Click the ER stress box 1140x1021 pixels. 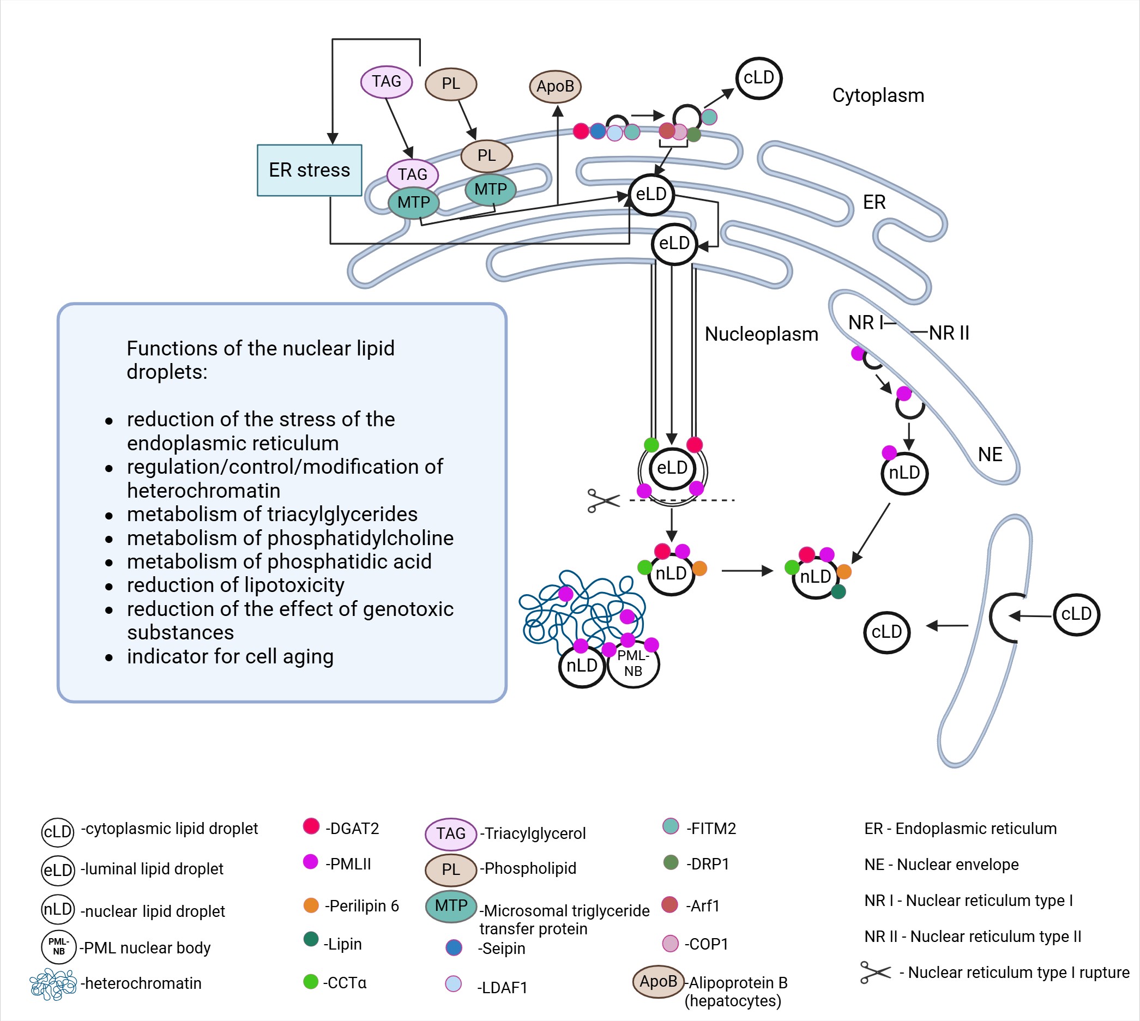coord(309,170)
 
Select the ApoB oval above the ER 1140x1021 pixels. coord(555,86)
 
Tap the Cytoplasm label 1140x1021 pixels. coord(878,95)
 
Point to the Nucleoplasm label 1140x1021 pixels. coord(761,334)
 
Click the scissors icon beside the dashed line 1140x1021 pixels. coord(603,500)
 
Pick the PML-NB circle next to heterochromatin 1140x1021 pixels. coord(634,664)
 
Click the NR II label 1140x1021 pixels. coord(949,333)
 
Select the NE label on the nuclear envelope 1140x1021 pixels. coord(990,455)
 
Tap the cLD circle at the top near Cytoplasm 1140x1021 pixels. coord(758,78)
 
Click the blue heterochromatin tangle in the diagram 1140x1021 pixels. coord(578,612)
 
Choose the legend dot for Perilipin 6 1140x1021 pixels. coord(311,905)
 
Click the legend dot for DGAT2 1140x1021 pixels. coord(311,826)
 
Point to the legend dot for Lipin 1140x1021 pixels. coord(311,939)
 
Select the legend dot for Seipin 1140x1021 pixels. coord(453,947)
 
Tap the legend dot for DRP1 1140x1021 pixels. coord(671,862)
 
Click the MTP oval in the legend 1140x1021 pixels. coord(450,905)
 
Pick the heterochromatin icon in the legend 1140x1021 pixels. coord(53,984)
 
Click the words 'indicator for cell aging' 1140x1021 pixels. coord(230,656)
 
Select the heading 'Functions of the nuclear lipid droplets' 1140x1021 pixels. coord(260,360)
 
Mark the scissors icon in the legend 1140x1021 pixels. coord(875,972)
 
